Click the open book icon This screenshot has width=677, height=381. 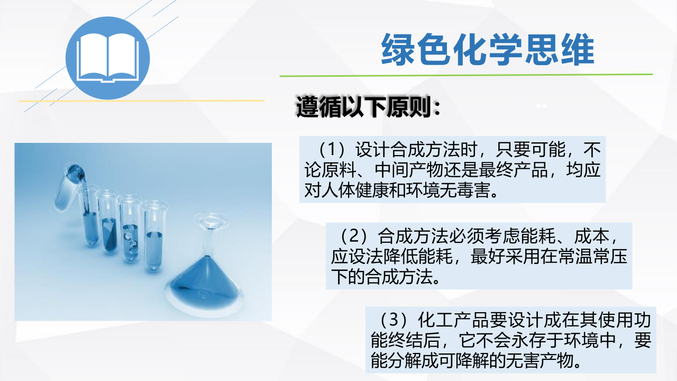[x=107, y=58]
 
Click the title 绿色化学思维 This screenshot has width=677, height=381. [x=488, y=49]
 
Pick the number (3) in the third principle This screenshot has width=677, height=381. [x=394, y=320]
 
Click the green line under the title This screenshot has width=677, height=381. [x=466, y=75]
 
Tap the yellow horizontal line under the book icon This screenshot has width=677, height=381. [x=141, y=101]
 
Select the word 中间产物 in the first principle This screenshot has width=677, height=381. [x=409, y=170]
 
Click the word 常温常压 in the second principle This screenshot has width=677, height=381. [x=592, y=257]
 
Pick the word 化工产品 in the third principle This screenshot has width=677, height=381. [x=453, y=320]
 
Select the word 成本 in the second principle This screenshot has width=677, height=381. [x=591, y=236]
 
